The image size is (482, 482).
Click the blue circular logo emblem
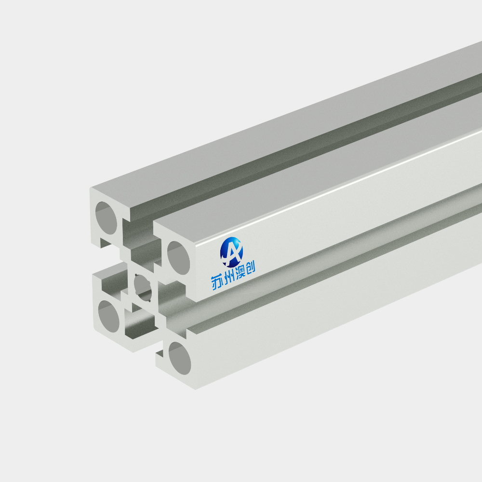(x=231, y=252)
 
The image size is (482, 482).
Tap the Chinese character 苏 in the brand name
(x=217, y=282)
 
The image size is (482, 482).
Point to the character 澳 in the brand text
(x=240, y=273)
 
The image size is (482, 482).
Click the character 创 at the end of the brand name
(x=250, y=268)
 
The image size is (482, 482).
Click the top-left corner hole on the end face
(x=106, y=218)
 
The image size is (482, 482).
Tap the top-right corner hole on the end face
(x=179, y=258)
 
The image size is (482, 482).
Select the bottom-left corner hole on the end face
(x=109, y=316)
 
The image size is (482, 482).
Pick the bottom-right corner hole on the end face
(x=180, y=358)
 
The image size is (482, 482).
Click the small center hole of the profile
(x=143, y=287)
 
